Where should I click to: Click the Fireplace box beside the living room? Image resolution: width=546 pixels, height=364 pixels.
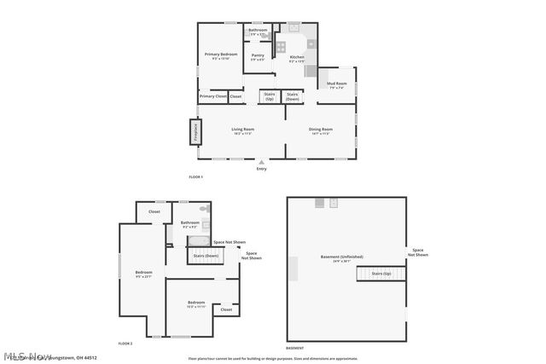(x=195, y=132)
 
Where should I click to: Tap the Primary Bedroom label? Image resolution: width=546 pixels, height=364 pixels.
(x=221, y=55)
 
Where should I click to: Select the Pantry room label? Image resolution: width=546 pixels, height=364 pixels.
(x=258, y=55)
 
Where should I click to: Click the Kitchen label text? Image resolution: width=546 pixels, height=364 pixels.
(x=297, y=57)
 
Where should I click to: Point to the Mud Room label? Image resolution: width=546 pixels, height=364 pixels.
(x=336, y=84)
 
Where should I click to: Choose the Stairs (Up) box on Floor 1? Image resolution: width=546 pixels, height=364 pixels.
(x=270, y=96)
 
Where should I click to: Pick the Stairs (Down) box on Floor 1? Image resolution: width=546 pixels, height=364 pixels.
(x=293, y=96)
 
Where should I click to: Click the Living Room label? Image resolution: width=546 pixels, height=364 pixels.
(x=242, y=130)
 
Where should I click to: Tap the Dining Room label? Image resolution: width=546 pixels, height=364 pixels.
(x=321, y=130)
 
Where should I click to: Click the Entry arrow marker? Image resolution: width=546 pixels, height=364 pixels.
(x=262, y=161)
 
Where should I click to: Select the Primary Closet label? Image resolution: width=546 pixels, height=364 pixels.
(x=213, y=96)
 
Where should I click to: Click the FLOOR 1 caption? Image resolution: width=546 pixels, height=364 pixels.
(x=196, y=176)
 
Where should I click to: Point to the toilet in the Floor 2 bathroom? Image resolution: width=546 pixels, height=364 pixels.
(x=204, y=208)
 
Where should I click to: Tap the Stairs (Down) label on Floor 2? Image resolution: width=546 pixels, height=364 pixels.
(x=206, y=256)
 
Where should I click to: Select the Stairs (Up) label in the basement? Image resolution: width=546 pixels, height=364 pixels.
(x=380, y=274)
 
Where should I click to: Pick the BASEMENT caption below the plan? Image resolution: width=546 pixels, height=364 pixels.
(x=294, y=348)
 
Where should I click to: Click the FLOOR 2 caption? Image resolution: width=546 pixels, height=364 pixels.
(x=125, y=343)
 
